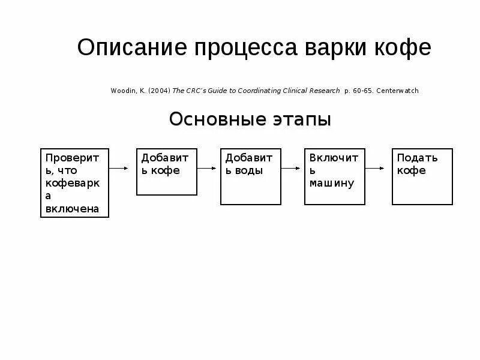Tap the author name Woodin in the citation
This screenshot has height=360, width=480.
pyautogui.click(x=123, y=91)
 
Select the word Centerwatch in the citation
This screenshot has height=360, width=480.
pyautogui.click(x=398, y=91)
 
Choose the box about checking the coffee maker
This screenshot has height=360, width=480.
pyautogui.click(x=74, y=182)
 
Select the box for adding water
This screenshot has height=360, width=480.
pyautogui.click(x=251, y=176)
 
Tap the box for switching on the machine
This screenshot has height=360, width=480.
pyautogui.click(x=334, y=176)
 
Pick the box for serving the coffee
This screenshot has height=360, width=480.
pyautogui.click(x=422, y=176)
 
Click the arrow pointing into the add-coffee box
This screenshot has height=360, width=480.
pyautogui.click(x=122, y=169)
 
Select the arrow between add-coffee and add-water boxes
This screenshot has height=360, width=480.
pyautogui.click(x=208, y=169)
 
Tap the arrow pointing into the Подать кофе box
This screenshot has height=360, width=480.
pyautogui.click(x=376, y=169)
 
